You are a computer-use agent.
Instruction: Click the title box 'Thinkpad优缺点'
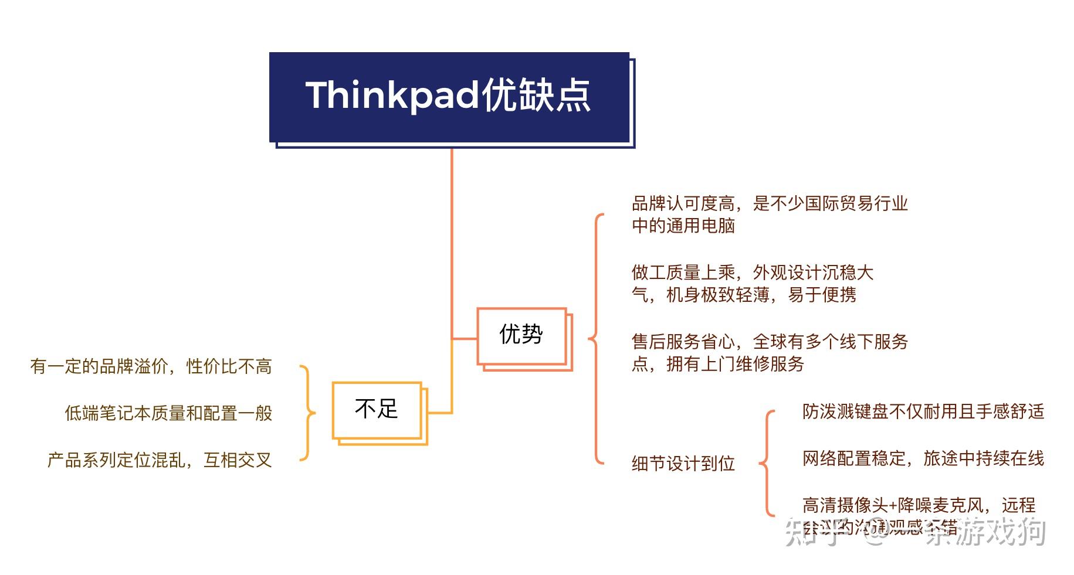click(449, 97)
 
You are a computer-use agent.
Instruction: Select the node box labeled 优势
click(521, 336)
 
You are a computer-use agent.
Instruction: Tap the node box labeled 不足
click(377, 410)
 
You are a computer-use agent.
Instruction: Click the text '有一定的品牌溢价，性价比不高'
click(151, 367)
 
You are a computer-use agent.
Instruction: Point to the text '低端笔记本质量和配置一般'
click(168, 413)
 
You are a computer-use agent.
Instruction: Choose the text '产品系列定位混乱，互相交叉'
click(160, 460)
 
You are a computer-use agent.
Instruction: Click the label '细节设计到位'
click(683, 464)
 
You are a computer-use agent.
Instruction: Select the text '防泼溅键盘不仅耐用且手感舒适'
click(923, 411)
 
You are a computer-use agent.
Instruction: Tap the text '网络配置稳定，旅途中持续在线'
click(923, 458)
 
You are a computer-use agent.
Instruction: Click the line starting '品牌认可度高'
click(770, 204)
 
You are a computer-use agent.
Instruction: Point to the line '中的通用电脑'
click(683, 226)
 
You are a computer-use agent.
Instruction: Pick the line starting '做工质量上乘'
click(753, 273)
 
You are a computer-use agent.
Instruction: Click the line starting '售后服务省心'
click(770, 342)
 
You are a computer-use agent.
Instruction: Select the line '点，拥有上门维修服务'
click(717, 364)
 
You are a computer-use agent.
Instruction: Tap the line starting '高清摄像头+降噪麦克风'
click(919, 505)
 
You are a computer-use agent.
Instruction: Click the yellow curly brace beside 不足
click(307, 413)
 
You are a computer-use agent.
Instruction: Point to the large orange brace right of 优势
click(595, 338)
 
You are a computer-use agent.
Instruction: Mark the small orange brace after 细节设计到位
click(766, 464)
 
